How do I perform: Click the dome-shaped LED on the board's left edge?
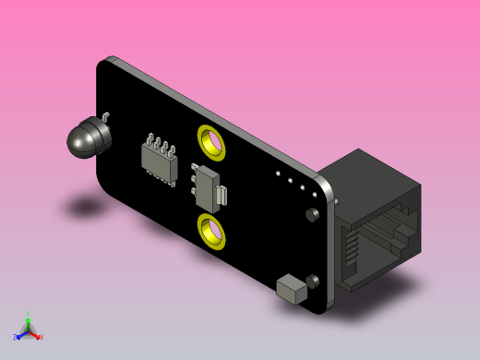click(85, 138)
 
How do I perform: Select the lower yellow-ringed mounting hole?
click(212, 228)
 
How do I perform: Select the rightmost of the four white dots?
click(314, 192)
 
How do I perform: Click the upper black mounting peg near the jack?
click(312, 215)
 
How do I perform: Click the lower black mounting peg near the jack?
click(314, 279)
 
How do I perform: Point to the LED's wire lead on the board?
click(107, 116)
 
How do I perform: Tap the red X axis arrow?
click(38, 336)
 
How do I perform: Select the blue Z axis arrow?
click(18, 336)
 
